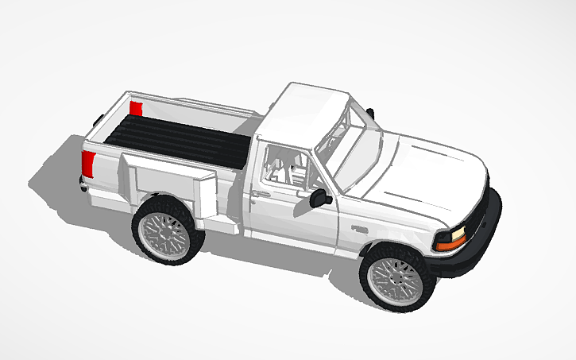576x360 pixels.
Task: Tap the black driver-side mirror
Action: point(321,197)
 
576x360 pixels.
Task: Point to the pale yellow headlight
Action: point(458,234)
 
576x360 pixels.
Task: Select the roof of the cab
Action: point(306,111)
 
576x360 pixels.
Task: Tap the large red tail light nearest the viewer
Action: point(88,165)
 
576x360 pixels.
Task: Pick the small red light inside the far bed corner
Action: point(136,107)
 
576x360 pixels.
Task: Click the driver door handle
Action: point(258,192)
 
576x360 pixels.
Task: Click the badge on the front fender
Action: point(360,229)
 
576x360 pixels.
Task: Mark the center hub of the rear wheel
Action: point(165,231)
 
